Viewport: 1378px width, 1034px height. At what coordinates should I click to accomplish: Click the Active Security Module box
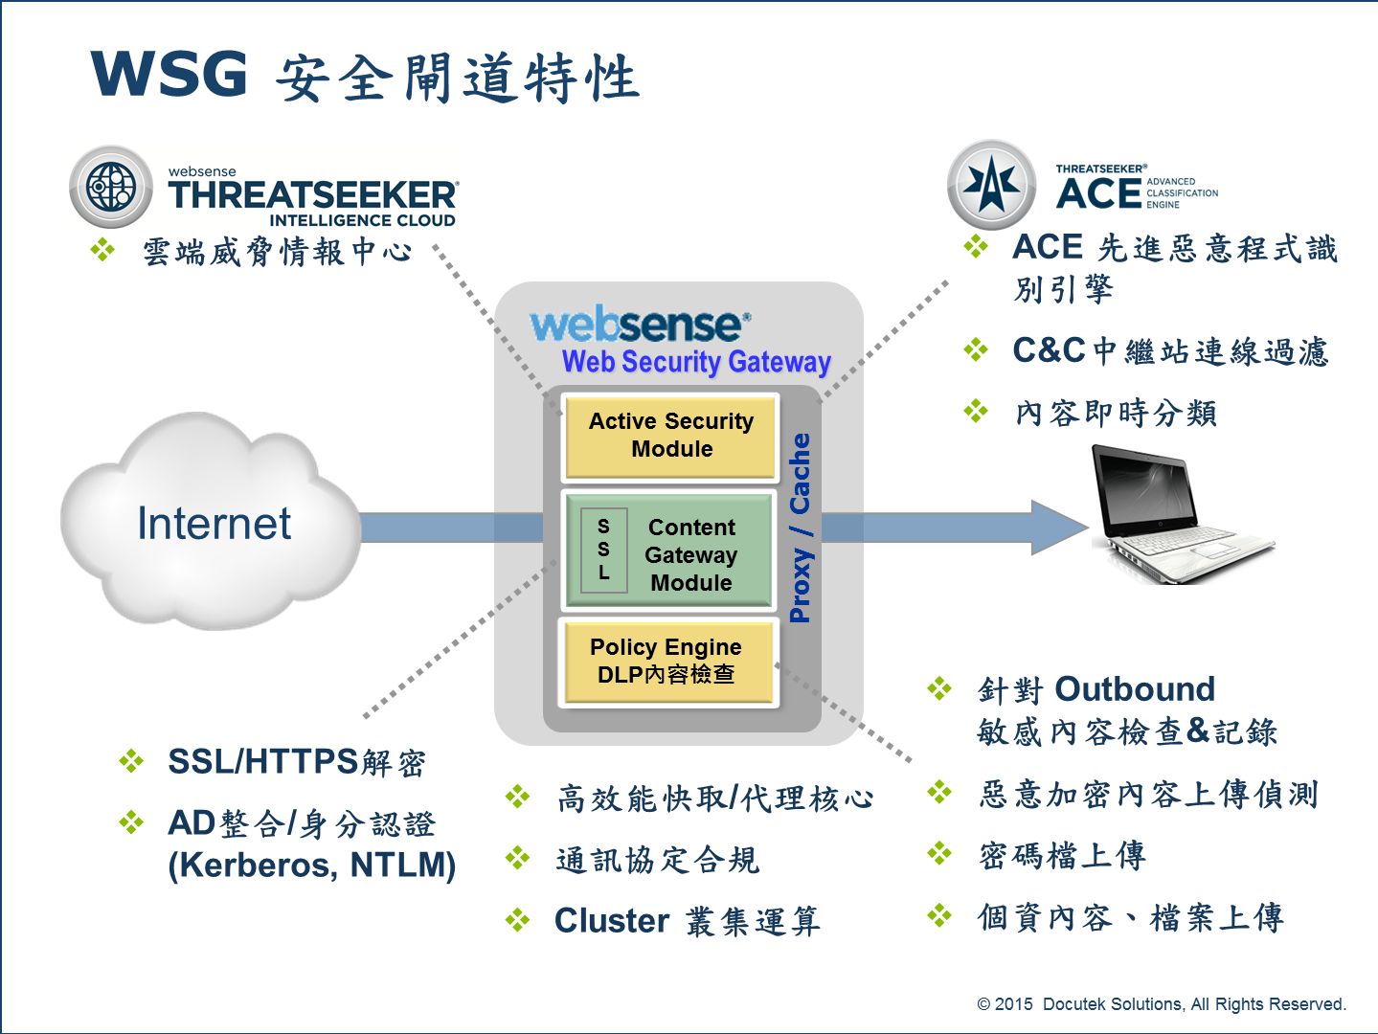(x=670, y=436)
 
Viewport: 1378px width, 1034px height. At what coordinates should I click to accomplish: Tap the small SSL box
(x=603, y=550)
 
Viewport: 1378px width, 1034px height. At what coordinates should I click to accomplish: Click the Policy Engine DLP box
(x=666, y=662)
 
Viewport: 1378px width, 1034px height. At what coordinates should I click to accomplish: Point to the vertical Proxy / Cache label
(x=801, y=528)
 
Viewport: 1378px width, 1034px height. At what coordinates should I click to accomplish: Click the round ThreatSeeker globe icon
(x=111, y=187)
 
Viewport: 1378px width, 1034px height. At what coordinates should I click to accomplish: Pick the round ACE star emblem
(x=991, y=184)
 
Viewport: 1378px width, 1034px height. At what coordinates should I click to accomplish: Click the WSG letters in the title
(x=169, y=75)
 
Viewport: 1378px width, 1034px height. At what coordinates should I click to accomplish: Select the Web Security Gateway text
(x=696, y=362)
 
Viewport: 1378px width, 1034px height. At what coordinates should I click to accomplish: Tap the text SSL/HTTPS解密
(x=296, y=762)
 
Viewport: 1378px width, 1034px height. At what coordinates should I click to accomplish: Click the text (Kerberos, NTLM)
(x=312, y=865)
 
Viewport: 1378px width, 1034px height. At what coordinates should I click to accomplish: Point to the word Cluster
(x=612, y=920)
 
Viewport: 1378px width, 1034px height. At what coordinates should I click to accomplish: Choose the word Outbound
(x=1135, y=689)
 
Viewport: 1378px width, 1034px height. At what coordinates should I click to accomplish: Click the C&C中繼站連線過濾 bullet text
(x=1170, y=351)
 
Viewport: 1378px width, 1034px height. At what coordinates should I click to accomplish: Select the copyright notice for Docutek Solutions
(x=1161, y=1003)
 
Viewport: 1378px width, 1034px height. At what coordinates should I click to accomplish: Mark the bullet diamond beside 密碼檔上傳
(x=940, y=853)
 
